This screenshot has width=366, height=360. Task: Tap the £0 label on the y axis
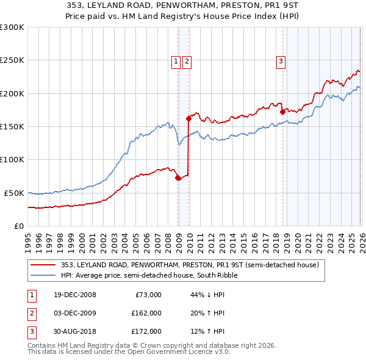pos(20,226)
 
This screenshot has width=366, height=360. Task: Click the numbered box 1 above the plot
pos(176,60)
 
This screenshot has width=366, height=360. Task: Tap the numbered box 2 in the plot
pos(186,60)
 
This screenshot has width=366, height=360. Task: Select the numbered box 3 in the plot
pos(281,60)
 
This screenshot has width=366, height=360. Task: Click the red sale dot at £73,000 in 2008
pos(178,178)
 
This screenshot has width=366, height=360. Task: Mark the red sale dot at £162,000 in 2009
pos(188,119)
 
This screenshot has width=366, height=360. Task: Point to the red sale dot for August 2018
pos(282,112)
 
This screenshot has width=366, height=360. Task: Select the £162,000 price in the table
pos(146,313)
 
